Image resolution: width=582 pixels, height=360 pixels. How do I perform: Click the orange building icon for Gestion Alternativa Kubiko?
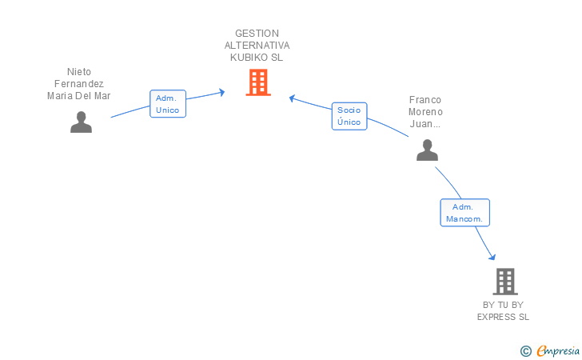[257, 82]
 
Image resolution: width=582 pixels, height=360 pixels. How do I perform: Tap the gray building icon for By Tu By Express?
[504, 281]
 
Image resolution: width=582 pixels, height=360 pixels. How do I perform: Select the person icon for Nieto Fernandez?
[81, 122]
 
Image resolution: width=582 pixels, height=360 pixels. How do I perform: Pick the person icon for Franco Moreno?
[428, 150]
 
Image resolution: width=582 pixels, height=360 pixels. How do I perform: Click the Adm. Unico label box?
[168, 104]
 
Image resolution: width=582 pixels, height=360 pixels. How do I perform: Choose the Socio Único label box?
[349, 116]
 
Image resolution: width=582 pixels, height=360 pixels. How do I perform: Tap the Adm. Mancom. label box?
[465, 212]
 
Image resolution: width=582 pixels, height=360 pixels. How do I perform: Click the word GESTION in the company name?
[257, 34]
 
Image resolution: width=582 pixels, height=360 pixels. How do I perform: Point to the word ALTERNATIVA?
[257, 46]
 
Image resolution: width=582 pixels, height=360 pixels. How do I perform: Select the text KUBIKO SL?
[257, 58]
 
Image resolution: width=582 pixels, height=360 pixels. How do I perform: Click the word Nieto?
[79, 71]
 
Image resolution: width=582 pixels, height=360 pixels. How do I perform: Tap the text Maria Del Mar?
[79, 96]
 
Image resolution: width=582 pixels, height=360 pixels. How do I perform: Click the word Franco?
[425, 100]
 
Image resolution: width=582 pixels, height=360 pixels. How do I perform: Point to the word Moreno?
[425, 112]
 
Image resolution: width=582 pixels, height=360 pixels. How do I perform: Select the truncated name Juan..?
[425, 124]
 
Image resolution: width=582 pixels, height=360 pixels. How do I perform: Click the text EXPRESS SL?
[504, 317]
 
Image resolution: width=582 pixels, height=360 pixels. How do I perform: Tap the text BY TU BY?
[504, 305]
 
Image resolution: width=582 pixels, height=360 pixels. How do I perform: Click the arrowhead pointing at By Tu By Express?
[492, 256]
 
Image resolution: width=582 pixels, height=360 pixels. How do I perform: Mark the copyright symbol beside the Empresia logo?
[525, 350]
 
